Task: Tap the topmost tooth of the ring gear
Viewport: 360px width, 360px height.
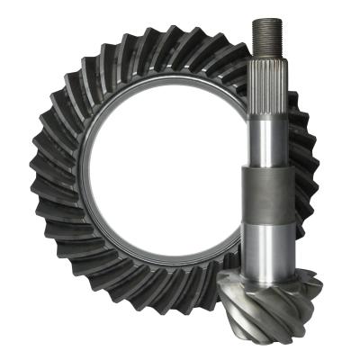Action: [162, 40]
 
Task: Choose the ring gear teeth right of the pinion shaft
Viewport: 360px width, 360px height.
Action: [306, 180]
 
